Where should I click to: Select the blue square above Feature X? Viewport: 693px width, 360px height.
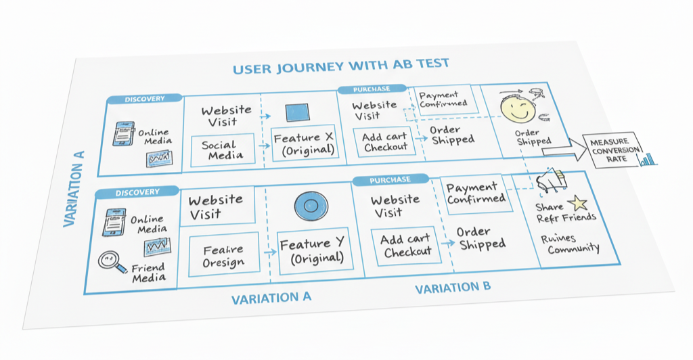297,113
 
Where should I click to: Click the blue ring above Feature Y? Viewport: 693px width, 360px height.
311,205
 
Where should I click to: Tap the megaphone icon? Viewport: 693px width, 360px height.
551,179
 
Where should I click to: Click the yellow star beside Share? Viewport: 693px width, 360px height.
578,202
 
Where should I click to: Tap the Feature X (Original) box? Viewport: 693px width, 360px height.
303,143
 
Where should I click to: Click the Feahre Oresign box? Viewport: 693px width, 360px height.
221,255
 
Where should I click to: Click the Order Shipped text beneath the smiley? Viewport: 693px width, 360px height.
533,137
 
